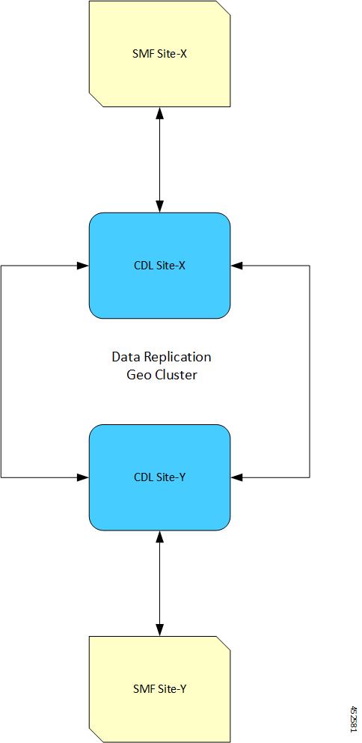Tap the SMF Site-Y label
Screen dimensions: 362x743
click(159, 689)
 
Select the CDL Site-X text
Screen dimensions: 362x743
click(159, 266)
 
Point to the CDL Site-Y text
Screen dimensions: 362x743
click(159, 477)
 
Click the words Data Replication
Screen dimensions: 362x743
click(161, 358)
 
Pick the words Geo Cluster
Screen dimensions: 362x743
click(162, 375)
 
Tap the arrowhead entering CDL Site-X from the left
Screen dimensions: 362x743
click(84, 266)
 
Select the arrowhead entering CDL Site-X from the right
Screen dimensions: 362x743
click(236, 266)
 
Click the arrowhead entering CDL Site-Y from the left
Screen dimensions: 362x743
click(84, 477)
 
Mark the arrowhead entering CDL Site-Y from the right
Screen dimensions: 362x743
click(236, 477)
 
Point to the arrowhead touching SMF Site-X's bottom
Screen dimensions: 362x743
click(159, 112)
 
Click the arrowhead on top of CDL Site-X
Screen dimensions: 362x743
click(159, 207)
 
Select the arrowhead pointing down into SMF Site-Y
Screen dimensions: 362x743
click(159, 630)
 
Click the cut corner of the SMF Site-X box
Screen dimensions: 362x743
click(224, 7)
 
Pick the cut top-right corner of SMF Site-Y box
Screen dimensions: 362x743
click(224, 643)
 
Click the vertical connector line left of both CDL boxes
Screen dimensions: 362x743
click(1, 371)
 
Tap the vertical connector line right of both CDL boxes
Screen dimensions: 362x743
click(310, 371)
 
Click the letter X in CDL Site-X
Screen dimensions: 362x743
click(182, 266)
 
